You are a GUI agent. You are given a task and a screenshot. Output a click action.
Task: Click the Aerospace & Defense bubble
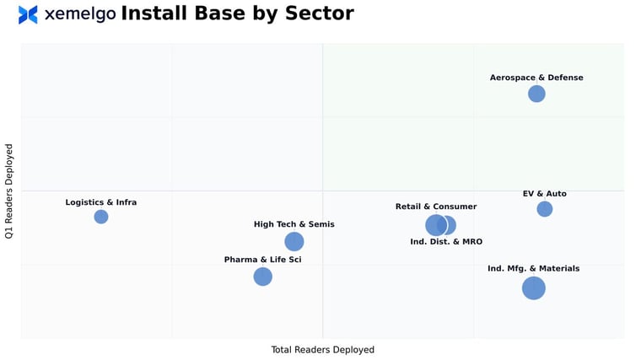[536, 94]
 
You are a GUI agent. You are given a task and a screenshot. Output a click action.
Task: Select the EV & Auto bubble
[545, 209]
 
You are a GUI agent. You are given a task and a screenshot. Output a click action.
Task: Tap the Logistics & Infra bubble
[101, 217]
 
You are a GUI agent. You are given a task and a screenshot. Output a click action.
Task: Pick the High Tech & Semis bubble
[294, 242]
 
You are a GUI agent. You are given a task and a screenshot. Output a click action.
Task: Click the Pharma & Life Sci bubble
[263, 277]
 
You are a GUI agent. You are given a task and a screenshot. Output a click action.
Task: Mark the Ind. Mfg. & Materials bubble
[533, 288]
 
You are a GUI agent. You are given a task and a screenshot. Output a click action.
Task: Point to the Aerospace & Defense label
[536, 78]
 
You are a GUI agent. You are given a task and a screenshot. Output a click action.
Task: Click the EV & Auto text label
[545, 194]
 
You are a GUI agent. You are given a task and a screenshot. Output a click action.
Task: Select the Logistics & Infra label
[101, 202]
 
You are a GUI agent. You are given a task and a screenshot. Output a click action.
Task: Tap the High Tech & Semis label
[294, 224]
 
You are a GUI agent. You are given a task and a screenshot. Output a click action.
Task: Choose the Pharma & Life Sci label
[262, 260]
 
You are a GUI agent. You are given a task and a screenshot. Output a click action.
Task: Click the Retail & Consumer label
[436, 207]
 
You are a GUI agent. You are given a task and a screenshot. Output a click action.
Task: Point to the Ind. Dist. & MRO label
[446, 242]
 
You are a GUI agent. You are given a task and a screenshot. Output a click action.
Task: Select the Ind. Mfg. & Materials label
[533, 269]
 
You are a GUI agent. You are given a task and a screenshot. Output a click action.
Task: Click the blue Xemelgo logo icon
[28, 14]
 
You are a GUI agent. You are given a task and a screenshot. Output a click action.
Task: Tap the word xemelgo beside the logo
[79, 14]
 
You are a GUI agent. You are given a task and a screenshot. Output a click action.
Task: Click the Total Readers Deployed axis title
[322, 350]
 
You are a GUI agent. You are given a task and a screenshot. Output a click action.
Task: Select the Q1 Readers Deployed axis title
[9, 191]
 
